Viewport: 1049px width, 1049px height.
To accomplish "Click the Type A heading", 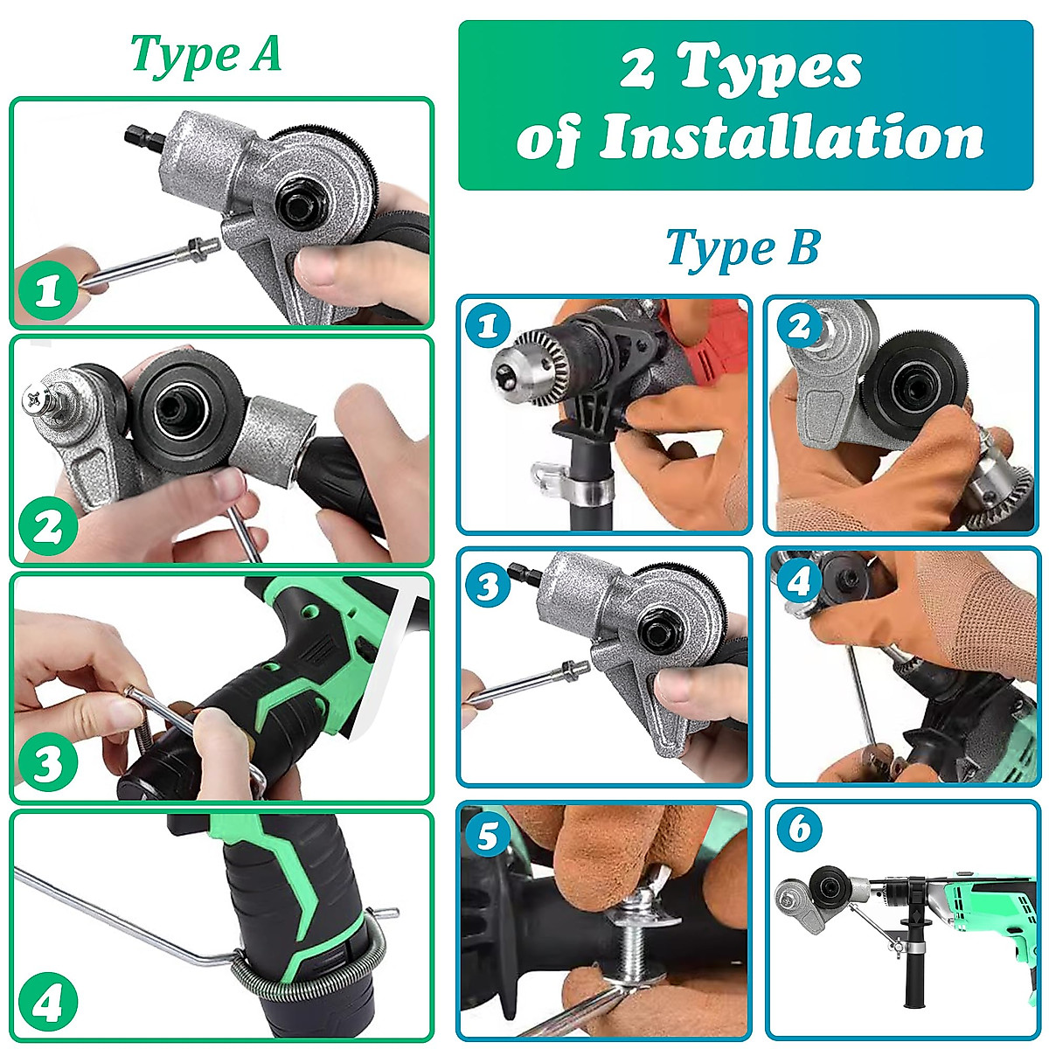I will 206,54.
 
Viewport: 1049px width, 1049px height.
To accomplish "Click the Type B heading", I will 742,248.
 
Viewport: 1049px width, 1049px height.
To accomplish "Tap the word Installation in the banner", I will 791,137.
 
